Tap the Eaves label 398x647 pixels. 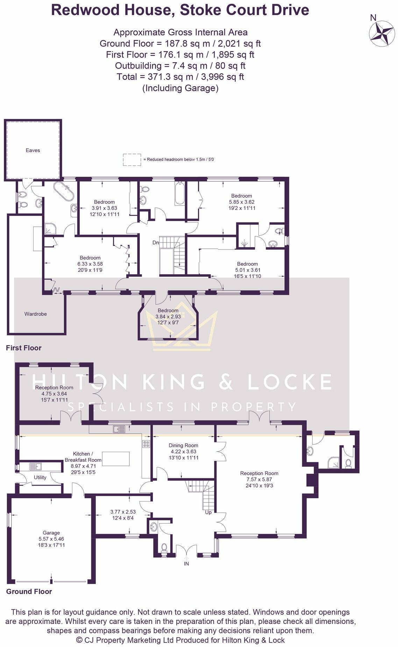point(33,150)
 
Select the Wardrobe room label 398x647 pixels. point(35,314)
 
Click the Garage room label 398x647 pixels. point(51,533)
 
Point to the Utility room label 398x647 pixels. point(40,477)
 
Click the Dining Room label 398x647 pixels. point(183,445)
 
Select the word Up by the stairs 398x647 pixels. point(208,512)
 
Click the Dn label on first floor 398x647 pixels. point(156,242)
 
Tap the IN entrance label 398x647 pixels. point(186,564)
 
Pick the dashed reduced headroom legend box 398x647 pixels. point(132,160)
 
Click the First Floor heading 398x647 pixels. point(23,348)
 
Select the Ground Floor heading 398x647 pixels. point(29,591)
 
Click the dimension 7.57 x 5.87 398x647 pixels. point(259,479)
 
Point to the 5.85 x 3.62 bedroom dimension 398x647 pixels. point(241,202)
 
